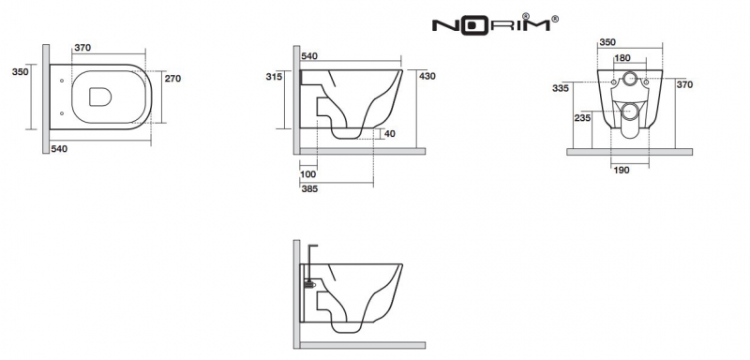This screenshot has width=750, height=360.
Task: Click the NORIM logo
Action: [x=495, y=23]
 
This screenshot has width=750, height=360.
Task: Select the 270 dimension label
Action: [x=172, y=79]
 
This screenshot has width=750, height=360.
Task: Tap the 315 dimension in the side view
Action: [x=274, y=77]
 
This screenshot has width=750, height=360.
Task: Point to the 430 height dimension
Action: [x=427, y=76]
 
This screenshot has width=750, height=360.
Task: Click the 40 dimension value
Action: [x=390, y=134]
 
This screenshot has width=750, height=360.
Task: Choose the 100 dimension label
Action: [x=308, y=174]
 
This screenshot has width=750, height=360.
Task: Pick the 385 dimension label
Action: [x=309, y=188]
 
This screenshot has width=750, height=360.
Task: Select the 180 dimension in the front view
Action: [x=622, y=58]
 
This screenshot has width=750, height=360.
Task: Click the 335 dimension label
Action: [x=560, y=88]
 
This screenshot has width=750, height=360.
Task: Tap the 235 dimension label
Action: [x=582, y=118]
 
